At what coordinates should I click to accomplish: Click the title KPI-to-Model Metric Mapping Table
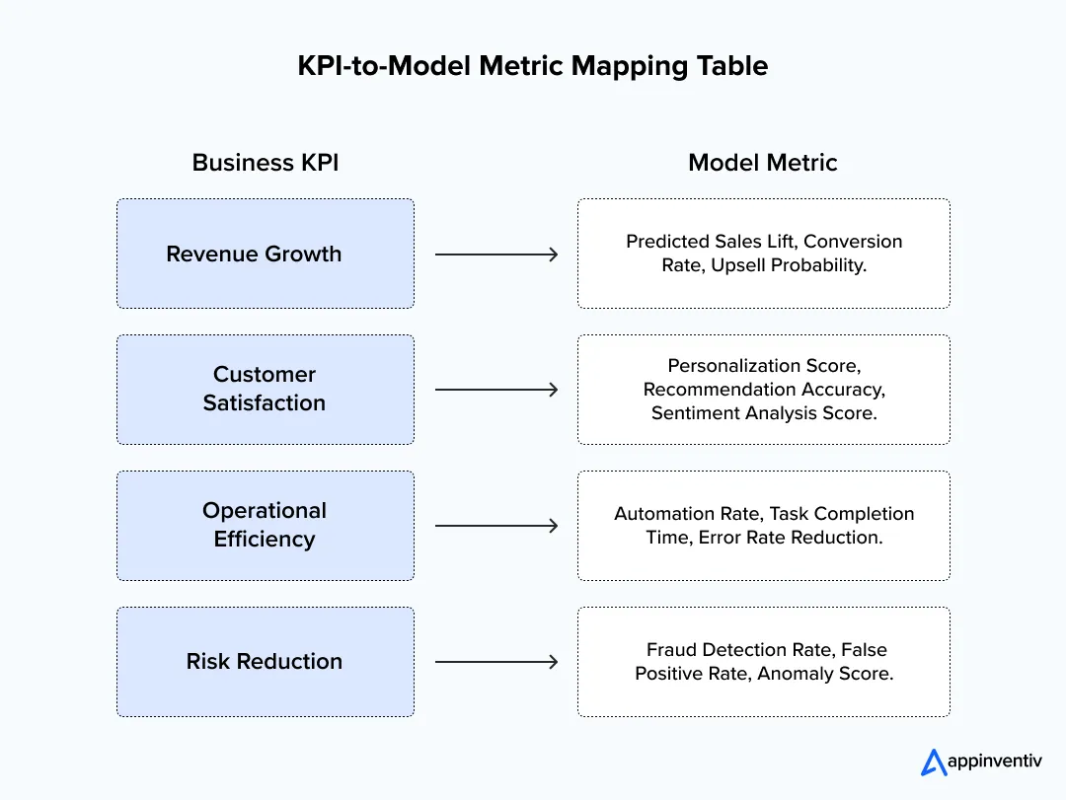(x=532, y=66)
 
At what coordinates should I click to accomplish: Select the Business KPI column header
(x=265, y=163)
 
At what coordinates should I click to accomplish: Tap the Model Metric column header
(x=762, y=163)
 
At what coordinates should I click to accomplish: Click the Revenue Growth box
(x=265, y=254)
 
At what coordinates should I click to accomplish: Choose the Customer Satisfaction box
(x=265, y=389)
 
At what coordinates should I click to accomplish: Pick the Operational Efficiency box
(x=265, y=525)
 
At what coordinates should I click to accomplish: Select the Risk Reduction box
(x=265, y=661)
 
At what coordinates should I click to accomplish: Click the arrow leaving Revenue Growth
(x=496, y=255)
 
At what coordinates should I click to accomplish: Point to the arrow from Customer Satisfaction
(x=496, y=390)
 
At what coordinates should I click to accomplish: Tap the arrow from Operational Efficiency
(x=496, y=526)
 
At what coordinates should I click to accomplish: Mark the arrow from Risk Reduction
(x=496, y=662)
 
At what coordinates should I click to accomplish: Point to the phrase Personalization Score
(x=763, y=366)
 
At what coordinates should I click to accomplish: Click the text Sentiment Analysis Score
(x=763, y=413)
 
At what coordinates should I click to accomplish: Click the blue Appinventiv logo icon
(x=933, y=763)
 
